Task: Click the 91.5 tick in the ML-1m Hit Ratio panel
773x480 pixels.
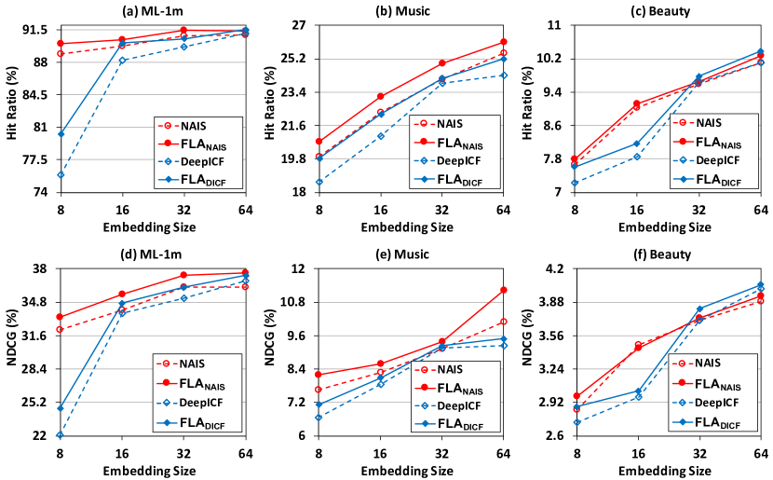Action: (x=35, y=31)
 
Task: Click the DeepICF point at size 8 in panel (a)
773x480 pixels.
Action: (x=61, y=175)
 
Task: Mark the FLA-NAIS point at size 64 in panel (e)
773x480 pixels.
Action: (x=503, y=290)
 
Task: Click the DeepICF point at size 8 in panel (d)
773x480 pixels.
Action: (x=61, y=435)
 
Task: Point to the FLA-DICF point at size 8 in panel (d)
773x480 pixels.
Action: (x=61, y=408)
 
